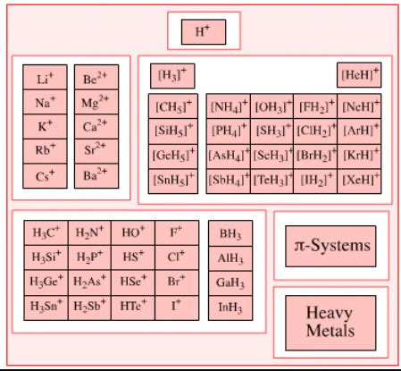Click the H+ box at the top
click(x=203, y=32)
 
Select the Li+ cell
click(x=46, y=79)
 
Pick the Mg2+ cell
click(x=95, y=102)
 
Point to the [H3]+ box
click(x=171, y=76)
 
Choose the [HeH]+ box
click(x=359, y=76)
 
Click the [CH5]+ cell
click(x=171, y=107)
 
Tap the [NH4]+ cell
click(x=228, y=107)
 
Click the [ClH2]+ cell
click(x=316, y=131)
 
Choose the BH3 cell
click(x=230, y=234)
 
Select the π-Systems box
click(x=330, y=245)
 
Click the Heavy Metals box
click(x=330, y=323)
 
